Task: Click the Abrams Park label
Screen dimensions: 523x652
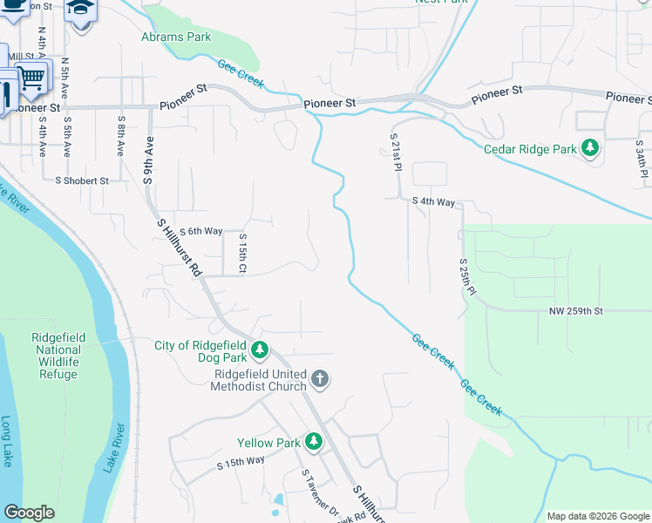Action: tap(177, 37)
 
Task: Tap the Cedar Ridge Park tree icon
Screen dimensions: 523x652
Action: tap(591, 149)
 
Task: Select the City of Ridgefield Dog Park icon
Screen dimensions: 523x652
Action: tap(259, 350)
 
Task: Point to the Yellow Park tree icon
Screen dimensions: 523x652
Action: tap(314, 442)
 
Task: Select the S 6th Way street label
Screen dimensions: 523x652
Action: tap(200, 231)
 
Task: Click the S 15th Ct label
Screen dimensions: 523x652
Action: tap(242, 252)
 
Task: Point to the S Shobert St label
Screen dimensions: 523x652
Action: tap(81, 181)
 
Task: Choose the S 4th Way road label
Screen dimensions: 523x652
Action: tap(434, 202)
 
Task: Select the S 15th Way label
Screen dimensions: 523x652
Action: tap(240, 462)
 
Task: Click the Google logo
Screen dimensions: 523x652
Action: tap(29, 513)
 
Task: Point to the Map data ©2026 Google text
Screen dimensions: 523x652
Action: tap(597, 516)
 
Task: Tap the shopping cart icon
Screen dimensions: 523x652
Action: tap(33, 78)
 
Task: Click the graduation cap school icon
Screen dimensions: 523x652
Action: tap(80, 9)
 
